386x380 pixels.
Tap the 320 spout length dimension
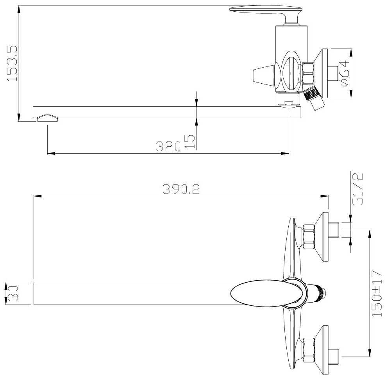click(x=168, y=146)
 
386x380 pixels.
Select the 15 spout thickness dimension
click(x=190, y=142)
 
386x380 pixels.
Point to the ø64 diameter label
click(x=345, y=73)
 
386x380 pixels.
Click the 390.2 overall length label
click(x=181, y=189)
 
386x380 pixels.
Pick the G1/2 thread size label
click(x=358, y=189)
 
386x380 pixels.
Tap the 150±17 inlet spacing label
click(x=377, y=293)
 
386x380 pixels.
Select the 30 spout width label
click(x=13, y=293)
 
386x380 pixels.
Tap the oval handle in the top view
click(x=266, y=293)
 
